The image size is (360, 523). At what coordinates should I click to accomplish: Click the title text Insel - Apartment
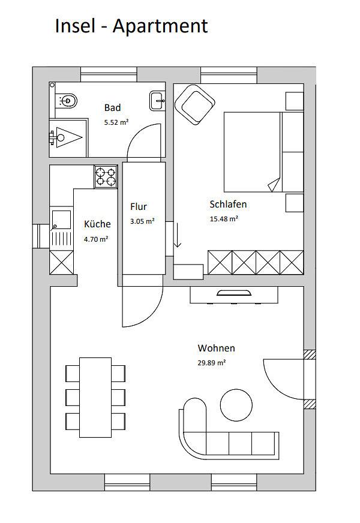pos(131,26)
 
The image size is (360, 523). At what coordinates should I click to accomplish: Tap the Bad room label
pos(112,108)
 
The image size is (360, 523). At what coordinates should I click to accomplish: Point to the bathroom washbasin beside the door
pos(158,99)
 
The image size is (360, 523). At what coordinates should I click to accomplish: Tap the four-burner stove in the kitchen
pos(106,176)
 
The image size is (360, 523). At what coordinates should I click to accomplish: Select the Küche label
pos(97,224)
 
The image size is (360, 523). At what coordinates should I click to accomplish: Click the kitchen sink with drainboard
pos(60,228)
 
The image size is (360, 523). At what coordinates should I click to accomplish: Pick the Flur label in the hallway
pos(139,207)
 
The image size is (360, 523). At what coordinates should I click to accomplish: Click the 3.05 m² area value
pos(142,221)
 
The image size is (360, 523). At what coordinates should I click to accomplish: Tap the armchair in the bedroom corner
pos(195,105)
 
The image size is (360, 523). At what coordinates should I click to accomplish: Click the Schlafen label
pos(228,204)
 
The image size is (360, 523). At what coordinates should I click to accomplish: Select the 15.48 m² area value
pos(224,218)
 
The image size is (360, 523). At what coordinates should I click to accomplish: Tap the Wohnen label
pos(216,348)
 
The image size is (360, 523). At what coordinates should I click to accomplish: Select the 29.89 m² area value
pos(212,363)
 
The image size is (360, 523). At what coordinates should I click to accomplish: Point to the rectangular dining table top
pos(95,398)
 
